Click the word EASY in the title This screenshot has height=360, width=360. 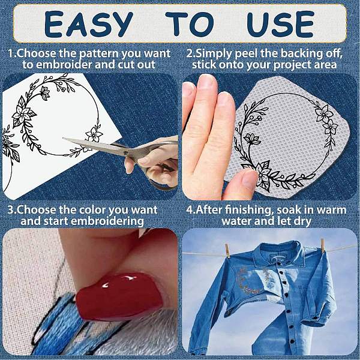(x=89, y=24)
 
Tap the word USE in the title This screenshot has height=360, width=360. (x=280, y=24)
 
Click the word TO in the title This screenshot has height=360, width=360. (x=190, y=24)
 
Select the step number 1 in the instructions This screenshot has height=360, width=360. (x=11, y=53)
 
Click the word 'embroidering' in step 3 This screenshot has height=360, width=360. (x=107, y=222)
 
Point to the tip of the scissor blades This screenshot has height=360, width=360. (x=64, y=138)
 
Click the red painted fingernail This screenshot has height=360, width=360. (x=119, y=295)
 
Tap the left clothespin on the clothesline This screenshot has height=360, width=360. (x=227, y=251)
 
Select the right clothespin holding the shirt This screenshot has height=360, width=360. (x=323, y=245)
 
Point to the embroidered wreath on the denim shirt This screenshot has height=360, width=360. (x=253, y=281)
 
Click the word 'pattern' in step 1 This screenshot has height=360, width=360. (x=100, y=54)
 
